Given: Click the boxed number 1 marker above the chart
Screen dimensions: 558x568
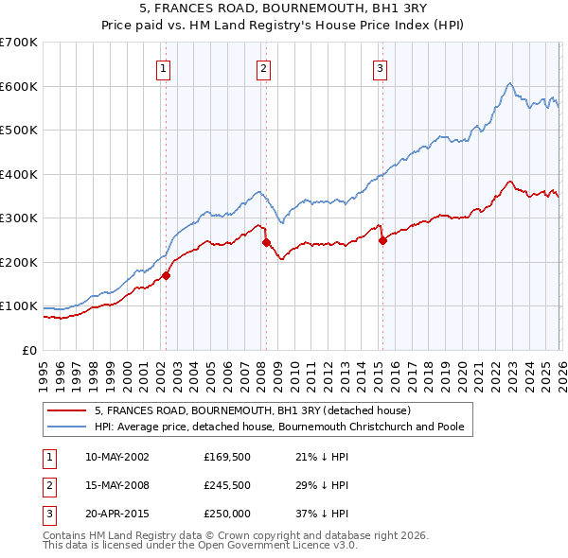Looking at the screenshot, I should (164, 67).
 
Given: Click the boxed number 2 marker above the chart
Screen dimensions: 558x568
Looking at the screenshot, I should (263, 67).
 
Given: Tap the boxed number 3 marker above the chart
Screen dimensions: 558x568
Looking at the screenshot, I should (380, 67).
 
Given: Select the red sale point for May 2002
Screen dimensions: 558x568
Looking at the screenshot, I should (166, 276).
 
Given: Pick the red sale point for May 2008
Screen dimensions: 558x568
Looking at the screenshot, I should (266, 242).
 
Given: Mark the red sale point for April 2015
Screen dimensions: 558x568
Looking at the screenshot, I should (382, 240).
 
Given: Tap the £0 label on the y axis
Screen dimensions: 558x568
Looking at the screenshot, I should (28, 350).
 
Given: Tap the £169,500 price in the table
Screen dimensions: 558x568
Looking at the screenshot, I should (226, 456).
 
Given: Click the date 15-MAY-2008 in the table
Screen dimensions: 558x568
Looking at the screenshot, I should (117, 485).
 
